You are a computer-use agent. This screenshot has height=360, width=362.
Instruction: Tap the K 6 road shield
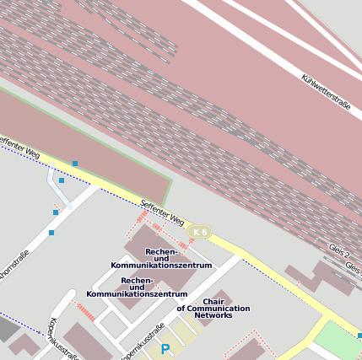tap(200, 232)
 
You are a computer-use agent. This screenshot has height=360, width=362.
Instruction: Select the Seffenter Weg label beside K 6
tap(162, 212)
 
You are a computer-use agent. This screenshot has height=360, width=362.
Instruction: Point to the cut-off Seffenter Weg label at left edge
tap(19, 147)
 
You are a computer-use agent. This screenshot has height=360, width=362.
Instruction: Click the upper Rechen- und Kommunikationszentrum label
tap(161, 258)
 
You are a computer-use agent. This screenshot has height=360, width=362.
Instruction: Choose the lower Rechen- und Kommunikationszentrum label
tap(137, 287)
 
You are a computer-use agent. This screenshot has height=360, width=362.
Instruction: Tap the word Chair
tap(213, 301)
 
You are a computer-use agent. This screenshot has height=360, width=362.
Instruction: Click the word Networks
tap(213, 315)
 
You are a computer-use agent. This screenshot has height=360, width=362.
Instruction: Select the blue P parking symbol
tap(165, 349)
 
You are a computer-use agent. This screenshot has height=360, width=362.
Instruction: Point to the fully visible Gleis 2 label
tap(339, 252)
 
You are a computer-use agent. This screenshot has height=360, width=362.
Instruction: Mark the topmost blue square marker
tap(75, 164)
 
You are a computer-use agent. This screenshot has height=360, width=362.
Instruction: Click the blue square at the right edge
tap(359, 336)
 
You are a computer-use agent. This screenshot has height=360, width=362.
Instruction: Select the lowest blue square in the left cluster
tap(51, 232)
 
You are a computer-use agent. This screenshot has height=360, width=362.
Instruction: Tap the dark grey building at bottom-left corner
tap(7, 328)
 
